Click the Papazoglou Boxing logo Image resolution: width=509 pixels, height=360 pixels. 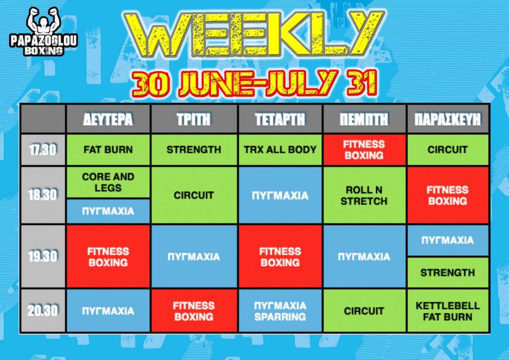tap(44, 31)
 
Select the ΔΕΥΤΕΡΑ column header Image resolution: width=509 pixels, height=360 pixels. tap(108, 119)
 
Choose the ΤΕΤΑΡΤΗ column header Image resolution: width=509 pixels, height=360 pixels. tap(280, 119)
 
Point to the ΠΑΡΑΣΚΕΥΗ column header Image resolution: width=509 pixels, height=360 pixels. tap(448, 119)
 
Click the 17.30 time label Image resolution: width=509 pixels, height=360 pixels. tap(43, 150)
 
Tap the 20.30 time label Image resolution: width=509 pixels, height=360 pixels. tap(43, 310)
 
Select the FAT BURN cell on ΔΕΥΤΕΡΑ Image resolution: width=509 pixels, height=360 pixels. tap(108, 150)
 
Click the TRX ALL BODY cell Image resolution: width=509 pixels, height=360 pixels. tap(280, 150)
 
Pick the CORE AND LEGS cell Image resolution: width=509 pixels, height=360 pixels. tap(108, 182)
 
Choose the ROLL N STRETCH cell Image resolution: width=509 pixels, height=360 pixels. tap(364, 195)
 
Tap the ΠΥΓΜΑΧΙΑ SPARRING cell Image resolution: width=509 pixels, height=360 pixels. tap(280, 311)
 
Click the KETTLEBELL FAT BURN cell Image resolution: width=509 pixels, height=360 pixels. tap(448, 311)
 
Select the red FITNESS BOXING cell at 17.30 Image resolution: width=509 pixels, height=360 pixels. tap(364, 150)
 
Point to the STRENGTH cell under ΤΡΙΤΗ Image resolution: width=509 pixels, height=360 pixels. tap(194, 150)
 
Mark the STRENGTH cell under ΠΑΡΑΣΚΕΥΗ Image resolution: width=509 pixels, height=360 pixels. tap(448, 272)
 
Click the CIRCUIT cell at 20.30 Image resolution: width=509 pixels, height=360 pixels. tap(364, 311)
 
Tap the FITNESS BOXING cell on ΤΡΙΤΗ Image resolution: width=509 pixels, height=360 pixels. tap(194, 311)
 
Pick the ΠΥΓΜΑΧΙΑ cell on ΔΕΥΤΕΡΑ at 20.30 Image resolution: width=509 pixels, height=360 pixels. tap(108, 311)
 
